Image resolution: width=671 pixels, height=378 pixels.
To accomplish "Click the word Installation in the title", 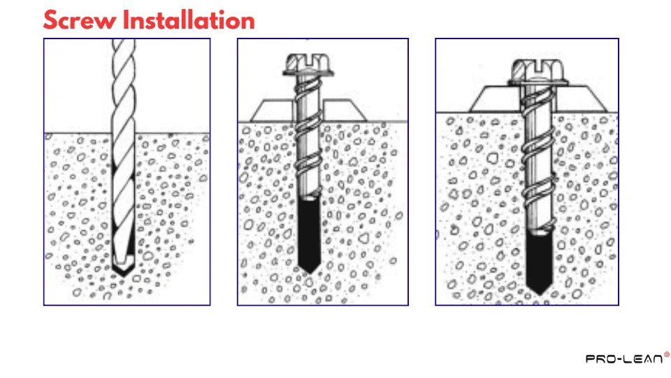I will click(x=188, y=20).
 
